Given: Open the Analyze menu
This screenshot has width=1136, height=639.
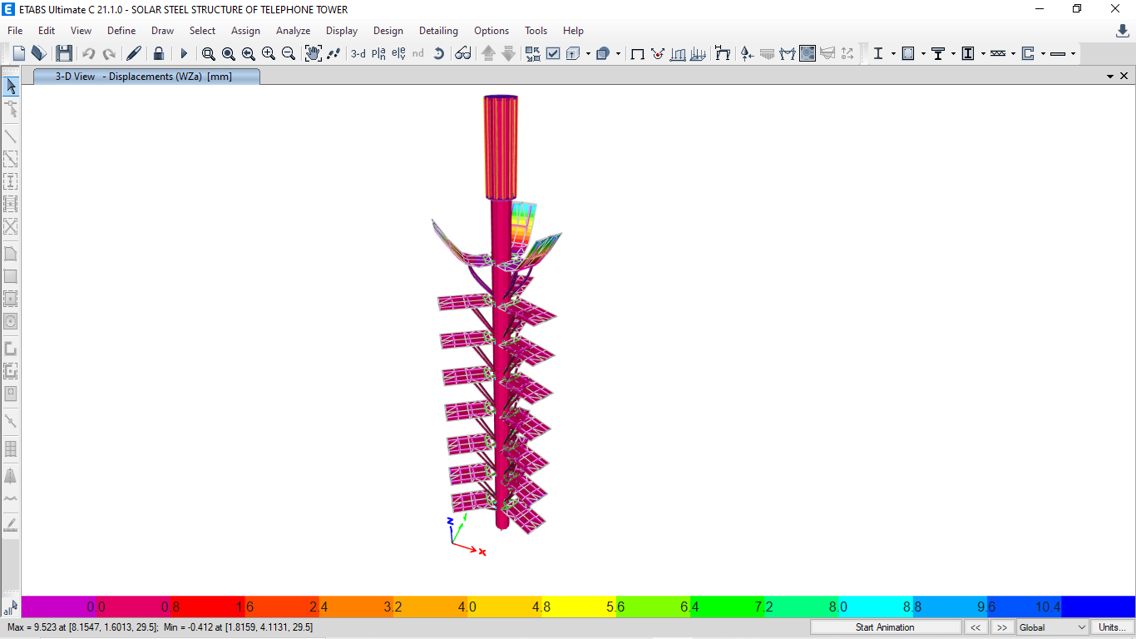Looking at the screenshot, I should click(x=293, y=31).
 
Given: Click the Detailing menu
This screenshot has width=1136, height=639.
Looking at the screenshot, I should click(x=438, y=31).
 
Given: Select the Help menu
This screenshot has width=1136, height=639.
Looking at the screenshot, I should click(x=573, y=31).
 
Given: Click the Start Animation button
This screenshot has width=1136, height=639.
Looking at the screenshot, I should click(x=885, y=627).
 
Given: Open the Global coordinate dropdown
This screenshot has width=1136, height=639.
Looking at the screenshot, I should click(x=1052, y=627).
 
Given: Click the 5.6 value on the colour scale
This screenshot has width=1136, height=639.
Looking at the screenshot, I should click(x=615, y=607).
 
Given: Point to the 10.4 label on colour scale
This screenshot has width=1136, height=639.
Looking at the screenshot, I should click(x=1048, y=607).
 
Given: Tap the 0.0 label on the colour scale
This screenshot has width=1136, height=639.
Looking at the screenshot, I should click(x=96, y=607).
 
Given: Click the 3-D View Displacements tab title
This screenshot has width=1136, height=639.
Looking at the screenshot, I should click(x=146, y=77).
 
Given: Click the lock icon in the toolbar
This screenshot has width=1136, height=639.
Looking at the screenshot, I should click(x=159, y=53).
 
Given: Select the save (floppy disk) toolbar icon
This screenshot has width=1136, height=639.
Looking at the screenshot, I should click(x=64, y=53).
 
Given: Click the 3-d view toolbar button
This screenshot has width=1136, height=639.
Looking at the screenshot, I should click(x=358, y=53).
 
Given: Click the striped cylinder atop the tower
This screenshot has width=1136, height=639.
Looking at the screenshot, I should click(x=501, y=146).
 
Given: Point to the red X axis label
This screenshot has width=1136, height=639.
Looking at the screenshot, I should click(x=482, y=552).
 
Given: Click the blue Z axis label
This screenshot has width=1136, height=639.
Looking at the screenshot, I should click(x=450, y=521).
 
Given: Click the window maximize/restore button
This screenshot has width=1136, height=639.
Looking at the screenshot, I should click(x=1077, y=9).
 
